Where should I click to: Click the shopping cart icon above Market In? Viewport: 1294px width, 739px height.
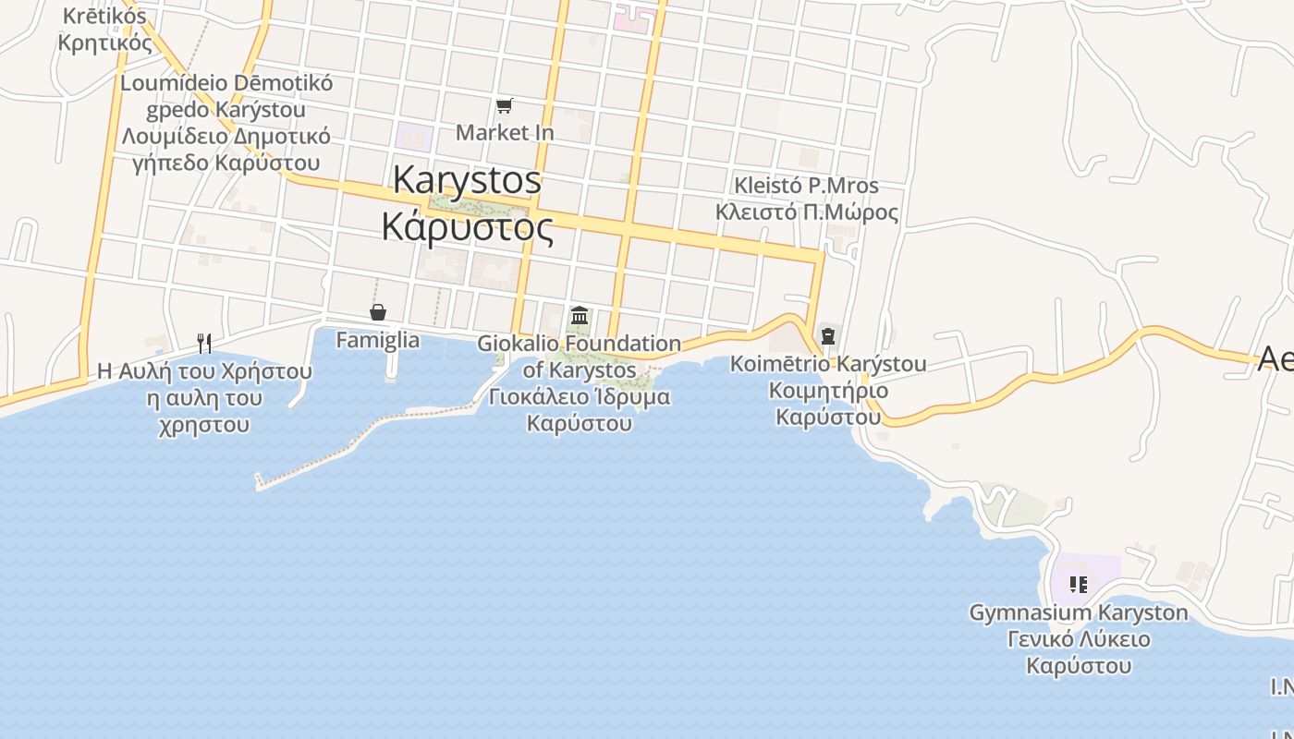click(504, 106)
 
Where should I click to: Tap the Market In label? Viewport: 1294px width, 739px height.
click(505, 132)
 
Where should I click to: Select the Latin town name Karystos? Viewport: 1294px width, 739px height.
click(467, 179)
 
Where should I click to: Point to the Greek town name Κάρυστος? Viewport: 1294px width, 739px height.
click(468, 226)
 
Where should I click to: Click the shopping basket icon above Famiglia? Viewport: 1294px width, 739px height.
click(377, 312)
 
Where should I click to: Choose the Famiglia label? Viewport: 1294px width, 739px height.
click(377, 340)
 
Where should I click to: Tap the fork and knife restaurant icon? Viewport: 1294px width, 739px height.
click(204, 344)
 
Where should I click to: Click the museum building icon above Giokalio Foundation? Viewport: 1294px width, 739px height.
click(580, 316)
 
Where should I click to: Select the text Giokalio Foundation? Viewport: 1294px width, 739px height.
click(580, 344)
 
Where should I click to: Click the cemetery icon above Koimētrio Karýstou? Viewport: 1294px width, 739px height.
click(827, 335)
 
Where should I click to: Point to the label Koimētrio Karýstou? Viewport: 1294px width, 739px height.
click(828, 363)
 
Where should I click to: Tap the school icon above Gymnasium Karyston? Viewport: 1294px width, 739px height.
click(1078, 584)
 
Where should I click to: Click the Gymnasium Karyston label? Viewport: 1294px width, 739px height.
click(1079, 612)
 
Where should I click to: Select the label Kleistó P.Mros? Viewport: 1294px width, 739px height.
click(806, 185)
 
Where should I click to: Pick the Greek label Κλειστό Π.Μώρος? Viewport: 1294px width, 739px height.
click(806, 212)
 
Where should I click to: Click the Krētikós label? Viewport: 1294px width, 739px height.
click(104, 16)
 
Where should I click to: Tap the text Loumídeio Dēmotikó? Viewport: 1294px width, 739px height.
click(226, 82)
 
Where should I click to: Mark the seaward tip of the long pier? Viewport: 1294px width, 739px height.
click(260, 481)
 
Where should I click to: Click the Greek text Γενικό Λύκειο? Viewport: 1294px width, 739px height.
click(1079, 639)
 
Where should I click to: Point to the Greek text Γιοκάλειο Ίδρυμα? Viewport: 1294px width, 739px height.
click(580, 396)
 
